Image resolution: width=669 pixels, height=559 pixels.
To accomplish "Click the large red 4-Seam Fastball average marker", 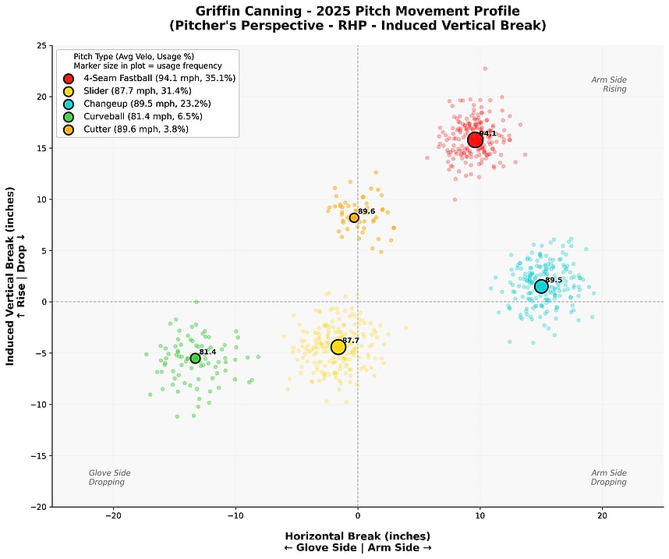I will pos(475,140).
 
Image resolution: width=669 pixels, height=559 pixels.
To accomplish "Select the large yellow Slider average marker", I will pos(338,347).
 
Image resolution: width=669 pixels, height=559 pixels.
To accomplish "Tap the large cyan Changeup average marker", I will pos(541,286).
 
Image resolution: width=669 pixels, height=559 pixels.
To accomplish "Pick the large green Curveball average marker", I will pos(195,359).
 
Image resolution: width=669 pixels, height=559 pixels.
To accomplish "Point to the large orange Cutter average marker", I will pos(354,218).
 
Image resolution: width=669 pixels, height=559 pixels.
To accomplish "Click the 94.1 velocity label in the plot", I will pos(488,133).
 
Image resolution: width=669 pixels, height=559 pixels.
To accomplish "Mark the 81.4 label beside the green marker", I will pos(207,352).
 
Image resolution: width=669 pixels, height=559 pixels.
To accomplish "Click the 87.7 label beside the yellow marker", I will pos(351,341).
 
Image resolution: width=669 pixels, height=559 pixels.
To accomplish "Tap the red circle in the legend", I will pos(69,79).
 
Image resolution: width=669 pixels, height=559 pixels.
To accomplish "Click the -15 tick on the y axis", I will pos(37,455).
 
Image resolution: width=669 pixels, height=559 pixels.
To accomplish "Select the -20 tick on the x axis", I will pos(113,515).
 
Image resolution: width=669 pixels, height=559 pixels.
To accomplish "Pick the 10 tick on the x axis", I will pos(480,515).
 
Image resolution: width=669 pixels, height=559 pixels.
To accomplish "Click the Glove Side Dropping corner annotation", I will pos(110,478).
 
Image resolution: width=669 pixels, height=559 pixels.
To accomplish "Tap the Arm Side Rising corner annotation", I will pos(608,84).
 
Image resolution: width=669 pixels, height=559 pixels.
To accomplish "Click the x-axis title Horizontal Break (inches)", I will pos(357,536).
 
